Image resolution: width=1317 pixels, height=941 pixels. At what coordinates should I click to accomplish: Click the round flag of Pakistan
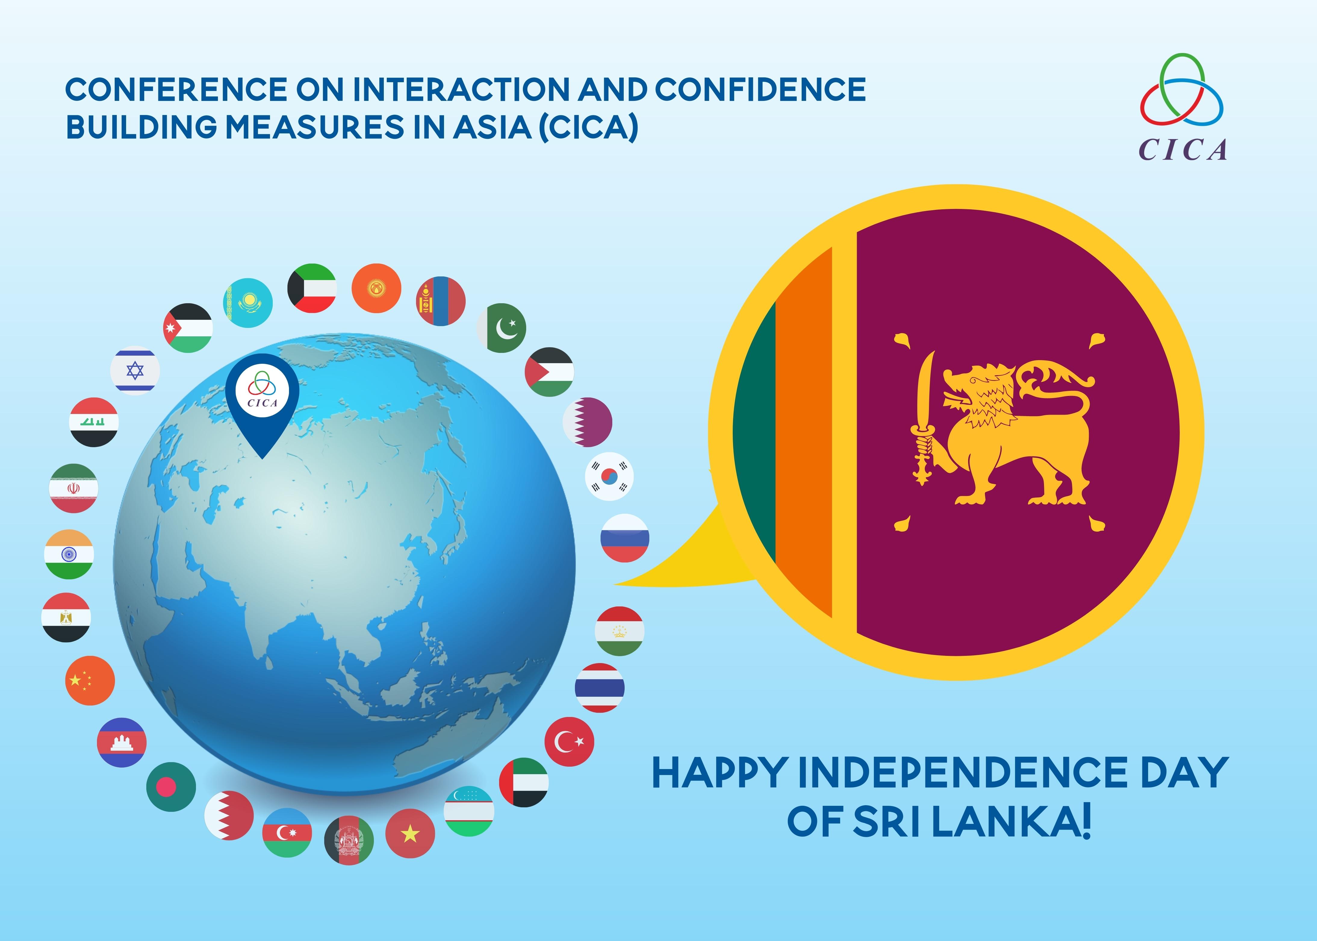click(x=502, y=328)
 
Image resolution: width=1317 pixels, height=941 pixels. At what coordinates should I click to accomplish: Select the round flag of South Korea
click(x=609, y=476)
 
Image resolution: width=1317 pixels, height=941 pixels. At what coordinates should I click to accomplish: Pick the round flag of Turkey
click(x=569, y=742)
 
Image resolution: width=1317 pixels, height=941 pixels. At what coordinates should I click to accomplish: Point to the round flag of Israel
click(x=135, y=371)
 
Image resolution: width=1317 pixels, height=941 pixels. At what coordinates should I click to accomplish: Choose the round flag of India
click(x=69, y=555)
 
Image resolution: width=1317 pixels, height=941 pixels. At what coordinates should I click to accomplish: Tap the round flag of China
click(x=90, y=680)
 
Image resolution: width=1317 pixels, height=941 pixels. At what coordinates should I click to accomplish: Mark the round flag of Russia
click(x=625, y=538)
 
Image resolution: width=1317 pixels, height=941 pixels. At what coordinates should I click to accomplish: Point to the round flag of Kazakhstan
click(x=248, y=302)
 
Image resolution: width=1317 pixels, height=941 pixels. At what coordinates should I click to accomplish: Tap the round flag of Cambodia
click(x=122, y=742)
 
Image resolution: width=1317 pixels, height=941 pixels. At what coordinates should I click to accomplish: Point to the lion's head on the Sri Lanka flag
click(x=979, y=394)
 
